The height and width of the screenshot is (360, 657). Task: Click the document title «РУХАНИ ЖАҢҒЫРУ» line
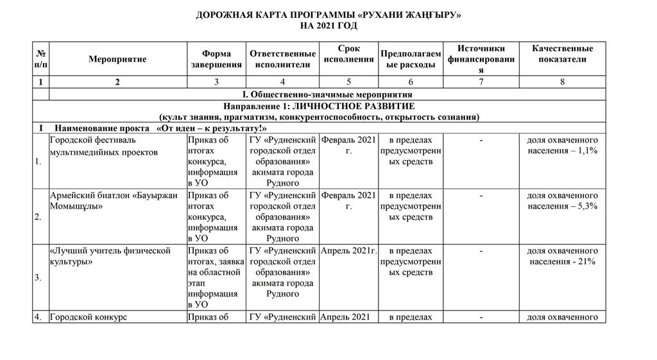328,14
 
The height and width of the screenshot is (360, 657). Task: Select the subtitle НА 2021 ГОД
328,26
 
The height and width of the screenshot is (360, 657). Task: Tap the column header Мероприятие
117,59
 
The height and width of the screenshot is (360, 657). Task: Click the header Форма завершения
216,59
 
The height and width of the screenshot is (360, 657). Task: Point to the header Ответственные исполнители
282,59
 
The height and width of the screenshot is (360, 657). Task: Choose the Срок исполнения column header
348,54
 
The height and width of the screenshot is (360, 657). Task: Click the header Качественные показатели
562,54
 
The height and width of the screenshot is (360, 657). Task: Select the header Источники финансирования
481,59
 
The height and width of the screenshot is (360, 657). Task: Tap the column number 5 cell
348,81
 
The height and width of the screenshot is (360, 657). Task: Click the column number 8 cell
562,81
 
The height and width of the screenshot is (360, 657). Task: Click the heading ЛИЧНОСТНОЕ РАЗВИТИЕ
319,106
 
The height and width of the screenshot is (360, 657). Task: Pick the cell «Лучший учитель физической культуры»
110,256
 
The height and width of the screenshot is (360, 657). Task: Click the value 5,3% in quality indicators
586,206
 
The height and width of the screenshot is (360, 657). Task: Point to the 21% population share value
586,262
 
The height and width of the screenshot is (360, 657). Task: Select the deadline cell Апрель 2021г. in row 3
348,251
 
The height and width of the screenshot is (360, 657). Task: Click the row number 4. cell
40,316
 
